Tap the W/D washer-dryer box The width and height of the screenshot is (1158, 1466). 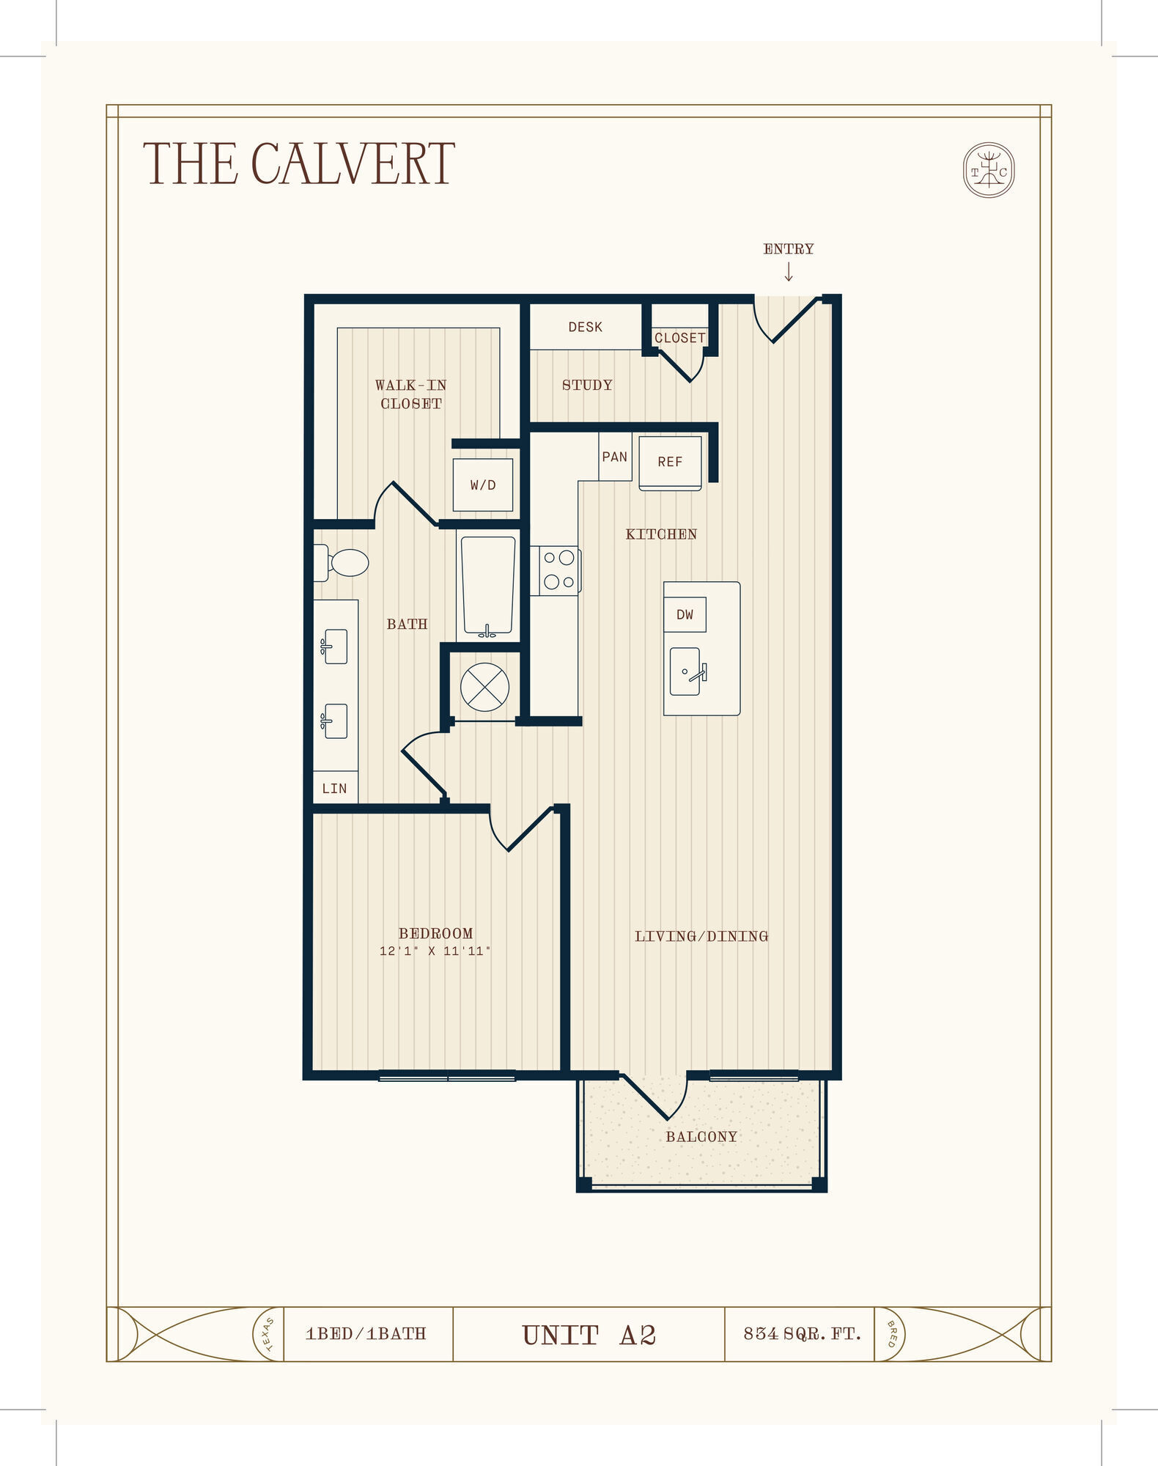pyautogui.click(x=482, y=485)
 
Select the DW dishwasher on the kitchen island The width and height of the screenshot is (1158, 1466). pyautogui.click(x=685, y=614)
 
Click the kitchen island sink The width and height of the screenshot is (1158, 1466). pyautogui.click(x=687, y=671)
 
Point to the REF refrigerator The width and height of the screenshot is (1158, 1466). pyautogui.click(x=670, y=462)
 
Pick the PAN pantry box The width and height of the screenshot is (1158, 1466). pyautogui.click(x=614, y=457)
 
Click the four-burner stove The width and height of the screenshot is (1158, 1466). pyautogui.click(x=558, y=570)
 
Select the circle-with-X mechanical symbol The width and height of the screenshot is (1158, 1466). pyautogui.click(x=484, y=688)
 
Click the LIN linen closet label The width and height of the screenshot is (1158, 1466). pyautogui.click(x=334, y=789)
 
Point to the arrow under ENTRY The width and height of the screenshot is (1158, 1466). pyautogui.click(x=789, y=273)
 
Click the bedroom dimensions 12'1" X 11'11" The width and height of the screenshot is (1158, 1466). pyautogui.click(x=435, y=951)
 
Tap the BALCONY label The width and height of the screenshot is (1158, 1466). pyautogui.click(x=701, y=1137)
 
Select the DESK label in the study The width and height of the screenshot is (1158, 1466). pyautogui.click(x=585, y=327)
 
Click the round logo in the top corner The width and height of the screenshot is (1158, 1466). pyautogui.click(x=988, y=170)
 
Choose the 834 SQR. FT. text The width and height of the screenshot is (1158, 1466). pyautogui.click(x=802, y=1334)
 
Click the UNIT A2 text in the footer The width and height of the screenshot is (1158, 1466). pyautogui.click(x=589, y=1336)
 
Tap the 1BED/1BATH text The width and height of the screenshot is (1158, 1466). pyautogui.click(x=366, y=1334)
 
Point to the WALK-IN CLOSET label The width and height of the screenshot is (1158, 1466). pyautogui.click(x=411, y=394)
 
